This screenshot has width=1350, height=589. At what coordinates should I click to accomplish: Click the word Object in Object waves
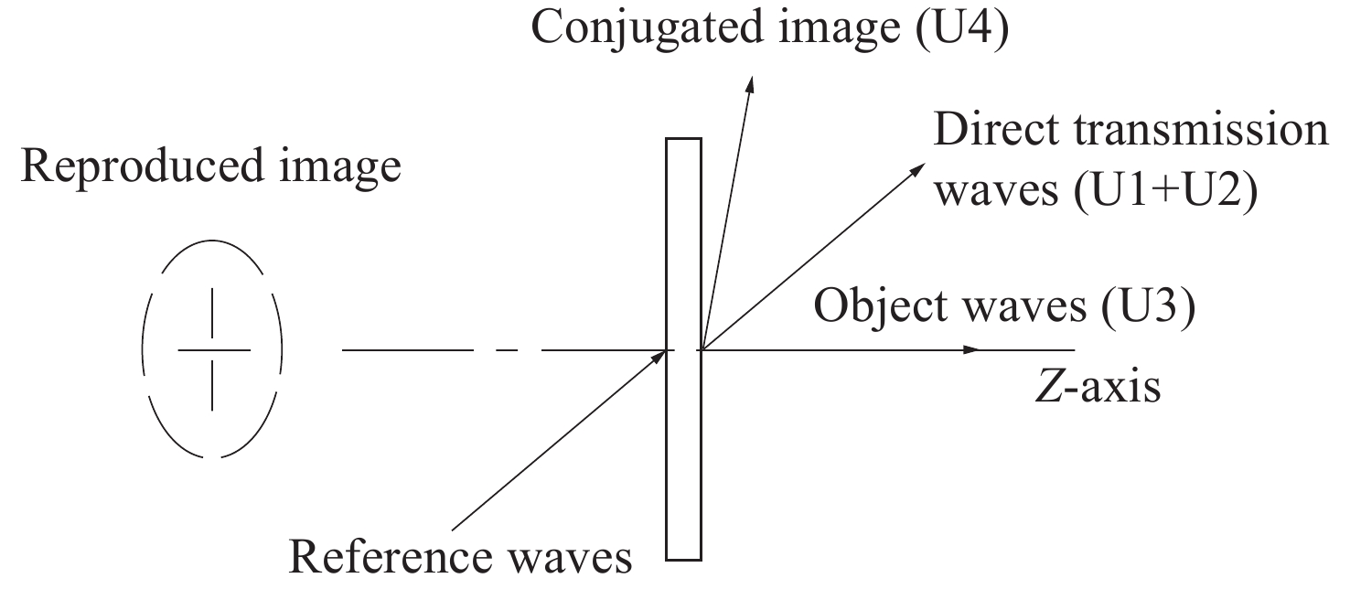tap(873, 308)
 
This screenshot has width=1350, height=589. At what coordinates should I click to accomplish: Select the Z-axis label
tap(1095, 387)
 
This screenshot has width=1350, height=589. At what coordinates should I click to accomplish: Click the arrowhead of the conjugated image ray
tap(751, 82)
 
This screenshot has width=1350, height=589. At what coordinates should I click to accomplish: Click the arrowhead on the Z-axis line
tap(971, 349)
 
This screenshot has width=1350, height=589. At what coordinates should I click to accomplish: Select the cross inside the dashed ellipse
tap(212, 349)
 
